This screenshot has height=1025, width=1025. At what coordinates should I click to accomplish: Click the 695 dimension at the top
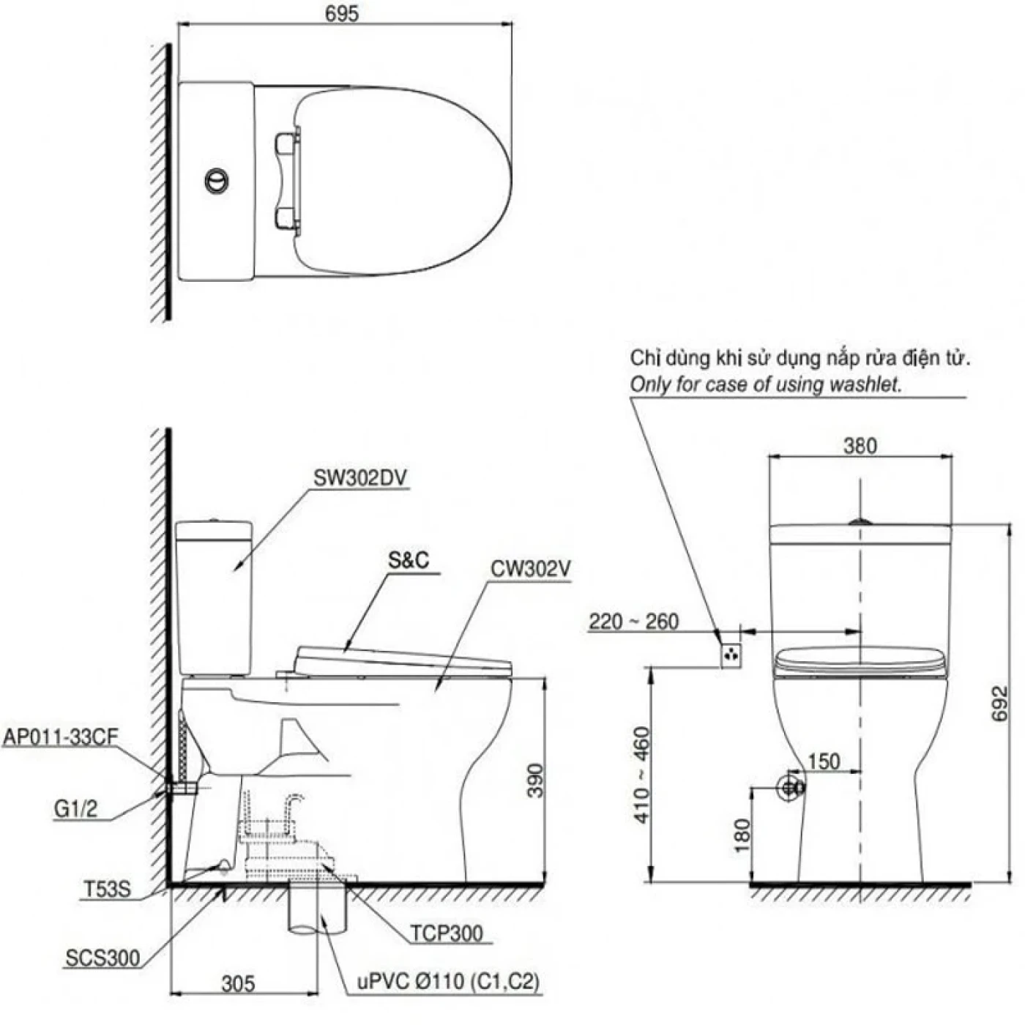click(x=343, y=13)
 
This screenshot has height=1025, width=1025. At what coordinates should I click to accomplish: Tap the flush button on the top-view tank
click(x=216, y=180)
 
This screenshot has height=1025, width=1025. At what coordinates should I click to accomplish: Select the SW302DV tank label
click(x=359, y=478)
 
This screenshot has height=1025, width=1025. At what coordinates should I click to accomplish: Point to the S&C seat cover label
click(x=409, y=561)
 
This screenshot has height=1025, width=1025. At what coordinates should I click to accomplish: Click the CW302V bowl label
click(x=531, y=569)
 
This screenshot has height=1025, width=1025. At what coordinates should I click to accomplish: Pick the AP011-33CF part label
click(x=60, y=737)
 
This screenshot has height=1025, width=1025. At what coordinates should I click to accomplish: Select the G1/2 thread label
click(x=75, y=809)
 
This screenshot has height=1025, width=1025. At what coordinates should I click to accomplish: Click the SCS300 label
click(x=102, y=958)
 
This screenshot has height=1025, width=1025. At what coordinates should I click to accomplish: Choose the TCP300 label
click(x=446, y=933)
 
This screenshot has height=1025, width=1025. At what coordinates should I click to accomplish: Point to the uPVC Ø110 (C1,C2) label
click(x=448, y=982)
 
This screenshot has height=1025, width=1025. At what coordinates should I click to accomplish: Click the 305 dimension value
click(x=239, y=983)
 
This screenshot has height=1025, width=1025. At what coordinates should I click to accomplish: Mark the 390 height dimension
click(x=536, y=780)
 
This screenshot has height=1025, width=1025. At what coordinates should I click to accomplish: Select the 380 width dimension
click(x=860, y=446)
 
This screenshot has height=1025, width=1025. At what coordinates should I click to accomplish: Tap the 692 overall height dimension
click(x=1000, y=704)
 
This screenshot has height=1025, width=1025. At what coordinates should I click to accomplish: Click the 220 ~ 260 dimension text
click(x=633, y=622)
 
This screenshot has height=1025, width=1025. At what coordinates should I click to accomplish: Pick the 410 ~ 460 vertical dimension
click(x=641, y=775)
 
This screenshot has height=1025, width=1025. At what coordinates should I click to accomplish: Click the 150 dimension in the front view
click(x=824, y=761)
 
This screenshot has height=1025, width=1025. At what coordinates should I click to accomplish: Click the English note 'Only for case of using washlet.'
click(x=766, y=384)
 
